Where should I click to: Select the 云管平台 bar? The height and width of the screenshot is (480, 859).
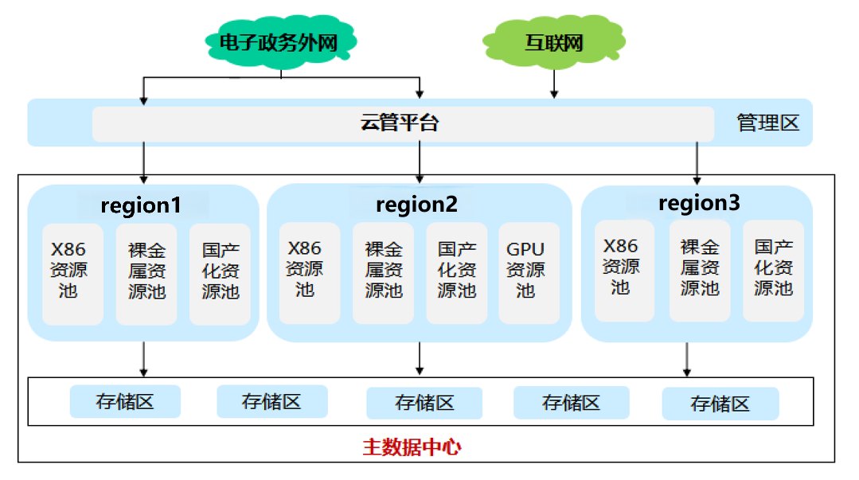402,123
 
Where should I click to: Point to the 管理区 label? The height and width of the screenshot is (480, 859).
767,123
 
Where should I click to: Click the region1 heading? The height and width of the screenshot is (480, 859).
141,205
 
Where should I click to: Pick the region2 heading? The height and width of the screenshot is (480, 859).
416,205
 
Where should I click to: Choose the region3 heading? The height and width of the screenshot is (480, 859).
699,203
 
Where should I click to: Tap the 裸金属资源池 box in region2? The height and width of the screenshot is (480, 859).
384,271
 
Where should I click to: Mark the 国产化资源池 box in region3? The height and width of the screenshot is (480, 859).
773,268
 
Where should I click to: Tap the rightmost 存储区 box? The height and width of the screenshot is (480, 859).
720,404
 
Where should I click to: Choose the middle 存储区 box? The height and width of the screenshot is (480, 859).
424,403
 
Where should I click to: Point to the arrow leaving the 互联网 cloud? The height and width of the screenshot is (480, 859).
554,83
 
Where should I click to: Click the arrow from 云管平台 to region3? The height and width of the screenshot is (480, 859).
697,163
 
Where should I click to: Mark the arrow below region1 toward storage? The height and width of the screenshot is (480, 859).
143,358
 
